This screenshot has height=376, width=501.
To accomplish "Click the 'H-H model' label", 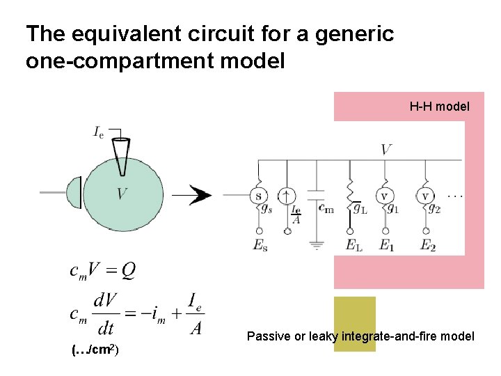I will click(x=439, y=107).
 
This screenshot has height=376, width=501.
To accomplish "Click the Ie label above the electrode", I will click(x=99, y=132).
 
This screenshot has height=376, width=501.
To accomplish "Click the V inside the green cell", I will click(x=122, y=193).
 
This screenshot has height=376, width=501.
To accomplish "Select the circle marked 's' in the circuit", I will click(x=259, y=196).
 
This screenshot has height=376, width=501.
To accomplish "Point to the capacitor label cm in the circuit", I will click(x=325, y=208).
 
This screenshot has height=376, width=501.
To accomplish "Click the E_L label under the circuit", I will click(x=351, y=246).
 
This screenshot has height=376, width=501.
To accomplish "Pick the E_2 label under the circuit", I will click(x=427, y=246).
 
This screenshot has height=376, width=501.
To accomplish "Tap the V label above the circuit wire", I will click(x=386, y=149).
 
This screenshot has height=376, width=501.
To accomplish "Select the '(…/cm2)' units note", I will click(x=96, y=350).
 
